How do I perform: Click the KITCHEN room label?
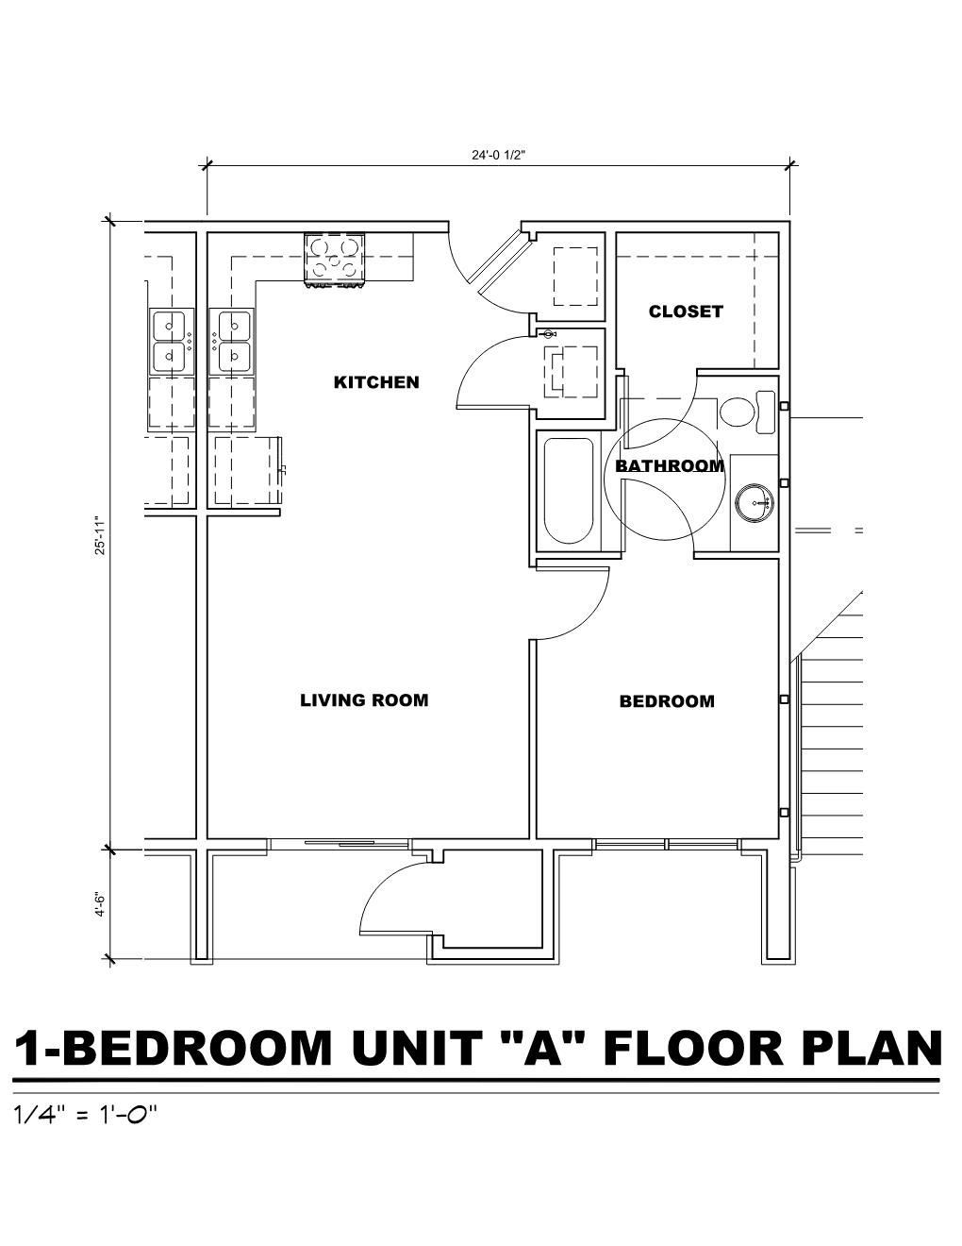[x=376, y=382]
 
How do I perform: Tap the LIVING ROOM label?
[x=364, y=700]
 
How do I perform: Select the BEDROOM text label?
[x=667, y=701]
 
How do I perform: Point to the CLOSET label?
[x=686, y=311]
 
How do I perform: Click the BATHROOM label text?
[x=670, y=465]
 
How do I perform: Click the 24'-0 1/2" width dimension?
[x=499, y=155]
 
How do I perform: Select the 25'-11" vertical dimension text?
[x=101, y=535]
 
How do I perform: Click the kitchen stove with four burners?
[x=334, y=260]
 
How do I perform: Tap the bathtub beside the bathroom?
[x=568, y=492]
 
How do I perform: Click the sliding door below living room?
[x=340, y=843]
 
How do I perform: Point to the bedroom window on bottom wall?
[x=668, y=844]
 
